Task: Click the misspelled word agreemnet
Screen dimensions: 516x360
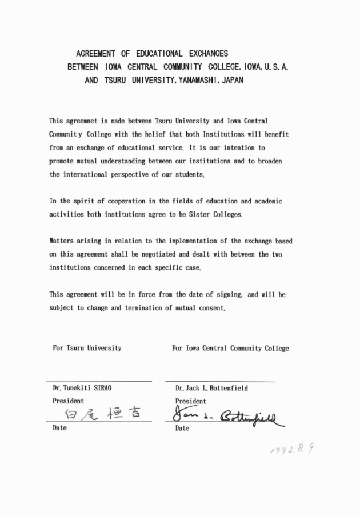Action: pos(86,122)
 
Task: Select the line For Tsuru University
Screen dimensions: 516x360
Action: pos(87,348)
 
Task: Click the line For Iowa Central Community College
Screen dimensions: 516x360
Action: pos(230,348)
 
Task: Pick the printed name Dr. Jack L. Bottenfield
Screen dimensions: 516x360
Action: pos(211,388)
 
